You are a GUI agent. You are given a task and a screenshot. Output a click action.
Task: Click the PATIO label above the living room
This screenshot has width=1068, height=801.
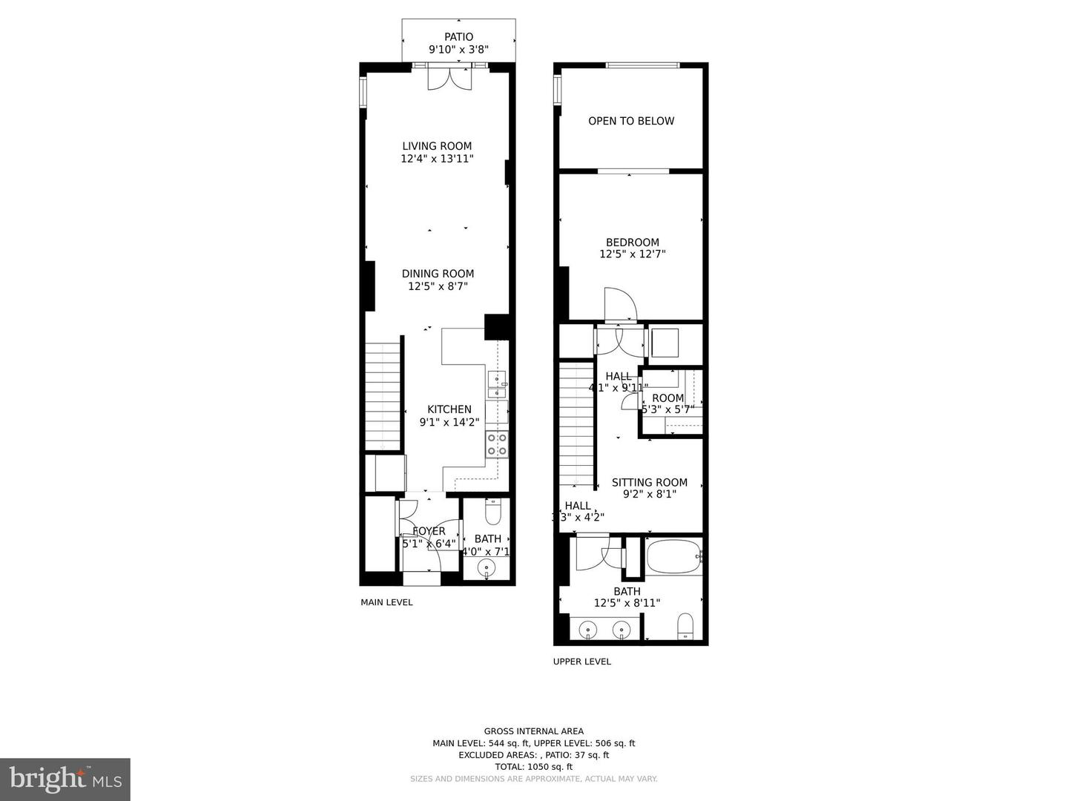point(458,37)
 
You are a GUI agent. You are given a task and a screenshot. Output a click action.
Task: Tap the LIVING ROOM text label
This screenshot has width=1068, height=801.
point(437,146)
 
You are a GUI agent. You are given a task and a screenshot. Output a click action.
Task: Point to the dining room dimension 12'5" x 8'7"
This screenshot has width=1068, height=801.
point(438,286)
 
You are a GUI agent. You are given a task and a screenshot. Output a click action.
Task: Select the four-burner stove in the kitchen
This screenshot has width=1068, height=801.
point(497,444)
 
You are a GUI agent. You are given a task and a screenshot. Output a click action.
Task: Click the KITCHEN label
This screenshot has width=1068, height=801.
point(449,409)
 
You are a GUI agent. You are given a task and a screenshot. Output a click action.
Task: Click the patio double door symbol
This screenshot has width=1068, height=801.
point(449,79)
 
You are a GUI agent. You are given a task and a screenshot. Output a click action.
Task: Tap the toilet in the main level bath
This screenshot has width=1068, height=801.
point(493,512)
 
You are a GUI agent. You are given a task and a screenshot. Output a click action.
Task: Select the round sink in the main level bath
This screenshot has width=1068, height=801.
point(487,568)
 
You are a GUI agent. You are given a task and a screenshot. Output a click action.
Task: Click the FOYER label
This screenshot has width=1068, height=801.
point(429,531)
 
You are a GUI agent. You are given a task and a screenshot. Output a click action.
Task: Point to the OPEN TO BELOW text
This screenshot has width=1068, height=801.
point(631,121)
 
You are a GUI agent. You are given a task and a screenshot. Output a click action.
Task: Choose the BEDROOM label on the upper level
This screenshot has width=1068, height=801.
point(632,243)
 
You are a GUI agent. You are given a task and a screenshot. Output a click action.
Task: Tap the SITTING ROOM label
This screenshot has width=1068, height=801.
point(649,482)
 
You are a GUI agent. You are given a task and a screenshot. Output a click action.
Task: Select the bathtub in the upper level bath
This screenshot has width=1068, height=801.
point(673,556)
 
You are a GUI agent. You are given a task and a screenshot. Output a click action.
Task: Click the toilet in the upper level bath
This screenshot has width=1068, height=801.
point(685,626)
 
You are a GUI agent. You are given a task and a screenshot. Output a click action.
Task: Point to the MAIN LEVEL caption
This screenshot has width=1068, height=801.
point(386,602)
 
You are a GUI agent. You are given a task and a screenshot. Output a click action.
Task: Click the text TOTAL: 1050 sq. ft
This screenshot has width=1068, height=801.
point(533,767)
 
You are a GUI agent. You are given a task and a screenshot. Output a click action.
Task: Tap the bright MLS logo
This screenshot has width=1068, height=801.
point(65,779)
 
